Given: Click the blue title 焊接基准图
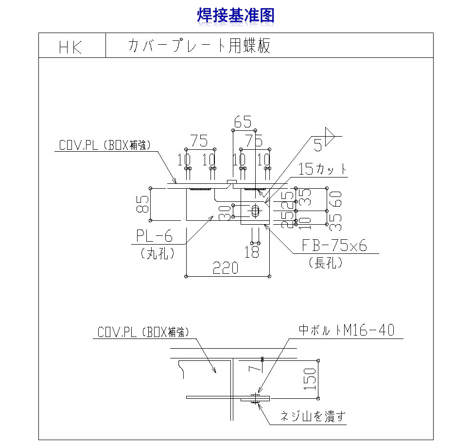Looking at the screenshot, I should (x=236, y=15).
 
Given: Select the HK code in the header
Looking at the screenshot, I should (x=71, y=47).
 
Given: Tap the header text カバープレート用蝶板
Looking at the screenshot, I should (x=199, y=46).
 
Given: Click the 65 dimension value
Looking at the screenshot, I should (x=243, y=122).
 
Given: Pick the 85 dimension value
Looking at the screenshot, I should (x=142, y=205).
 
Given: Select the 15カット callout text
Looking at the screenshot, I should (x=323, y=169).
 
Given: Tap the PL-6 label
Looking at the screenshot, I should (x=154, y=236).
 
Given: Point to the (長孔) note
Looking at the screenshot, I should (x=326, y=263).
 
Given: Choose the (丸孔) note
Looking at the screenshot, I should (x=157, y=253).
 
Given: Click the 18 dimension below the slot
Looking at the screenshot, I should (x=252, y=252).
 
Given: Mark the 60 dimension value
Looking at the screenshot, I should (x=335, y=199).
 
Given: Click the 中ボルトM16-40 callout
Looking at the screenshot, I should (x=346, y=331).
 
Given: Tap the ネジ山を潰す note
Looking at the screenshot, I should (x=314, y=416).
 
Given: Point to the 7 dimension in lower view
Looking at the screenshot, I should (x=253, y=366).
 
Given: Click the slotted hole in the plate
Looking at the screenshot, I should (x=255, y=211).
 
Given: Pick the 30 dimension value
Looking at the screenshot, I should (x=224, y=213).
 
